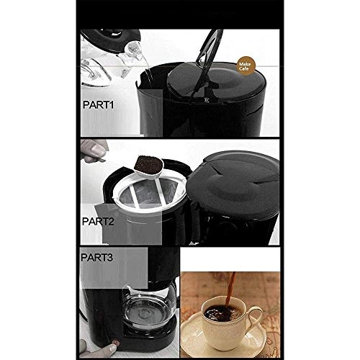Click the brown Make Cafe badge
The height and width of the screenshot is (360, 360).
click(246, 66)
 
